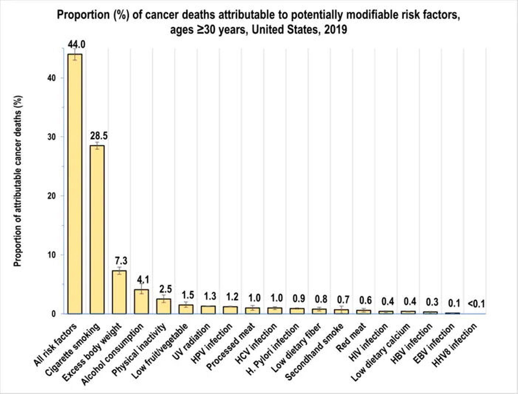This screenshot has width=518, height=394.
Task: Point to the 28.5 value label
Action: (99, 136)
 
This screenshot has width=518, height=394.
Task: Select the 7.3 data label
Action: (121, 261)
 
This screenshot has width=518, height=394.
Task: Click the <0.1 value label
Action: (476, 304)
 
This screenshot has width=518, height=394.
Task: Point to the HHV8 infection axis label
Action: (454, 345)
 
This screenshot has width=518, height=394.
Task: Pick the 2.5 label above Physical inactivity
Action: (165, 289)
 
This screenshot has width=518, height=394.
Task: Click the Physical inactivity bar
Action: (164, 306)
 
